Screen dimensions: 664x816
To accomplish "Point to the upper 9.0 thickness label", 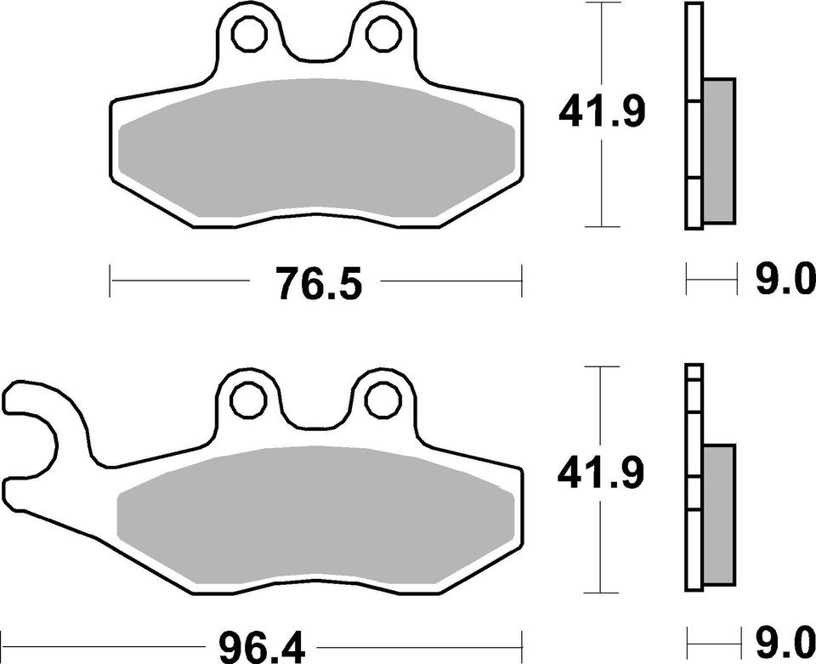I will point(782,278).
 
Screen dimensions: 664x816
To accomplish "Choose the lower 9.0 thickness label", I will point(782,644).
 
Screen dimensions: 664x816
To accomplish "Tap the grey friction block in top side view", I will point(719,150).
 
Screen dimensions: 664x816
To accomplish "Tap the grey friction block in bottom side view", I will point(719,515).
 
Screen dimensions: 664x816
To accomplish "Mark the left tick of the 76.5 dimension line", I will point(110,280).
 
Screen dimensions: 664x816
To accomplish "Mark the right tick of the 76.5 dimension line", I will point(520,280).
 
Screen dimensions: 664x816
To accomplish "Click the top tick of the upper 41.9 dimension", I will point(603,3).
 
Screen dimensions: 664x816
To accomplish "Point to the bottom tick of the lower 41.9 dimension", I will point(603,592).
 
